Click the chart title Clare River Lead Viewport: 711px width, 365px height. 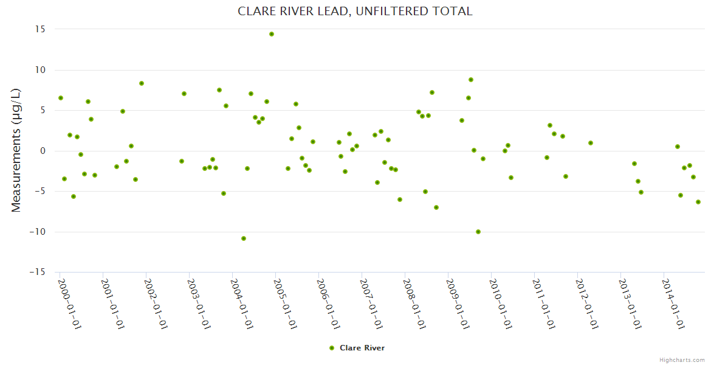click(355, 12)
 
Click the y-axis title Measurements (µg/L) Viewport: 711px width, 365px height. click(16, 150)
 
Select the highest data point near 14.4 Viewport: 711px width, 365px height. click(272, 34)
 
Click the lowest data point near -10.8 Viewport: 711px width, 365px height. click(244, 238)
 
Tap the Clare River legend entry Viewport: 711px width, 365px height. click(362, 348)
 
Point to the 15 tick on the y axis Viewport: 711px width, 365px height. click(40, 29)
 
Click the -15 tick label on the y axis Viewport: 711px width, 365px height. click(38, 272)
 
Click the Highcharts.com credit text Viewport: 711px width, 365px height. click(682, 360)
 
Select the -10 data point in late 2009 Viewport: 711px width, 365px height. click(478, 232)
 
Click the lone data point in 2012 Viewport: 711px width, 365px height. click(591, 143)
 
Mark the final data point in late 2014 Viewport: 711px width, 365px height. click(698, 202)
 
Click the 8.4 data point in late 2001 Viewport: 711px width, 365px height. click(142, 83)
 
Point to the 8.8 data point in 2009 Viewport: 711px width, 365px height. click(471, 80)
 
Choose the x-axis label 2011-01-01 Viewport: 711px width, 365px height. click(543, 304)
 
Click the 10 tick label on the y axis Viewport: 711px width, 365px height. click(40, 70)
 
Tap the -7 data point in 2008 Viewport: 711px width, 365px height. click(436, 207)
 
